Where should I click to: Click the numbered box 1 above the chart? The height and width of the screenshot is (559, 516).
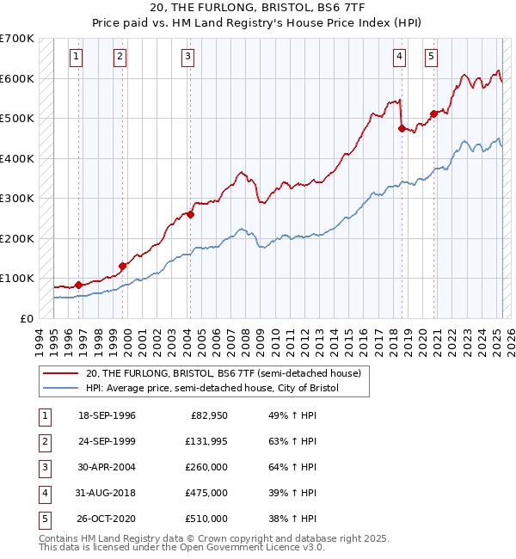point(77,58)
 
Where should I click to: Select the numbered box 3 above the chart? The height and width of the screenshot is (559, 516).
point(187,58)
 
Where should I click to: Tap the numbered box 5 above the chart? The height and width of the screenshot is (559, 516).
point(430,58)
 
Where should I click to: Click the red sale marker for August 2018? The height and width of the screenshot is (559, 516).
point(402,128)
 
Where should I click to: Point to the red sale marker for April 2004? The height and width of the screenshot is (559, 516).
point(190,215)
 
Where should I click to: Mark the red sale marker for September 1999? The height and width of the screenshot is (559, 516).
point(122,266)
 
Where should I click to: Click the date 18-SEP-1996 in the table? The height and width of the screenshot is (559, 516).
point(107,415)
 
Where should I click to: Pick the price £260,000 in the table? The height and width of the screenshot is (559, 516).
point(207,467)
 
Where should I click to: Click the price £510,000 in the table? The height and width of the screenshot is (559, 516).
point(207,519)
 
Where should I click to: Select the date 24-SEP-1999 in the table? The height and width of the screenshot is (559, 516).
point(107,441)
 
